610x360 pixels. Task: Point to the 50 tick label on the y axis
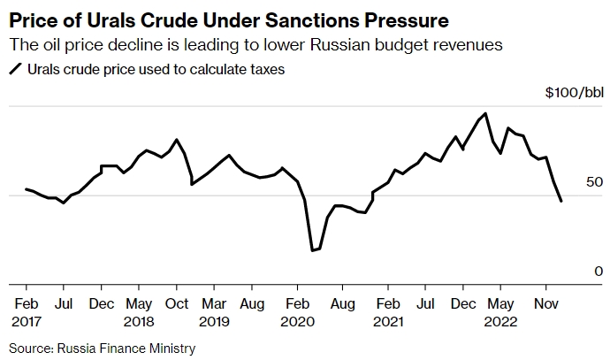point(595,182)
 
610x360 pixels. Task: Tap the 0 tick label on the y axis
point(599,272)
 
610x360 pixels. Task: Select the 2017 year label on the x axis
point(27,321)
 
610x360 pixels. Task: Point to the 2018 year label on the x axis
point(140,321)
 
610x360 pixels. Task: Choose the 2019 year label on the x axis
point(214,321)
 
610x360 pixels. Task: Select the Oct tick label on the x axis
point(177,303)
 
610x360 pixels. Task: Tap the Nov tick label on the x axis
point(545,303)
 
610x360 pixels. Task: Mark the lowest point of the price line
point(312,251)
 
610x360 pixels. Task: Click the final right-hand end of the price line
point(561,202)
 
